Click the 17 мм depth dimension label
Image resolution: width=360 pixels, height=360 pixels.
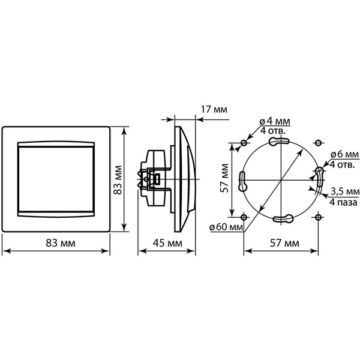[x=214, y=110]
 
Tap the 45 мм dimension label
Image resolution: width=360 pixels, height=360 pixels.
[x=167, y=243]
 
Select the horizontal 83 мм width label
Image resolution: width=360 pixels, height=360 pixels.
[x=61, y=243]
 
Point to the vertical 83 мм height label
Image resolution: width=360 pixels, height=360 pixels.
[x=118, y=180]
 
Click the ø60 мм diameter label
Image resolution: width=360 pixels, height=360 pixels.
[x=226, y=227]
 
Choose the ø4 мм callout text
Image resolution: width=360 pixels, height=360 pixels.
[x=275, y=121]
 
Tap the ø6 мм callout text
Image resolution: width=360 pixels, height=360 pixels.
[x=344, y=155]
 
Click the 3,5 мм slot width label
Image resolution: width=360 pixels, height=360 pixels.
[x=345, y=191]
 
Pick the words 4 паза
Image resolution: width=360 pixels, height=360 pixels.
[x=343, y=203]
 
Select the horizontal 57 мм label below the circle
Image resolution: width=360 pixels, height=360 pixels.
[x=284, y=243]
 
